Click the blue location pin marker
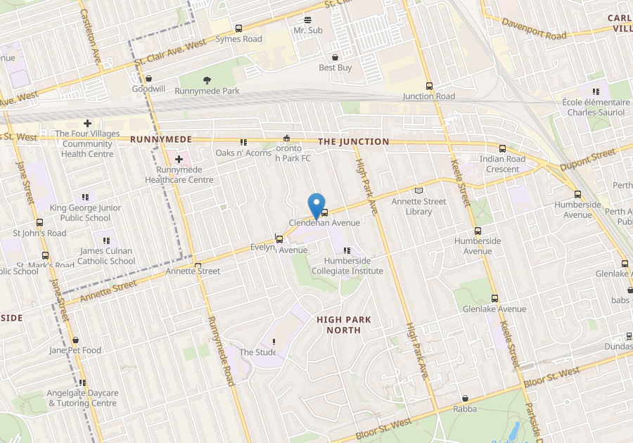click(316, 206)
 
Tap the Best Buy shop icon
click(335, 57)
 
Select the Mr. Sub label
click(307, 31)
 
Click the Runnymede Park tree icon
click(207, 80)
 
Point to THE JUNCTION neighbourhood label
click(353, 141)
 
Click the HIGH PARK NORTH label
click(344, 325)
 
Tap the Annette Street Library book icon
click(419, 190)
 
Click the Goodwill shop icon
click(148, 79)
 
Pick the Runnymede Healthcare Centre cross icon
click(179, 160)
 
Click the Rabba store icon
click(465, 398)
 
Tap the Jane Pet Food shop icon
click(75, 340)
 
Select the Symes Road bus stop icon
click(238, 29)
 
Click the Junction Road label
click(428, 96)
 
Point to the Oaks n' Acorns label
click(243, 153)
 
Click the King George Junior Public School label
click(85, 213)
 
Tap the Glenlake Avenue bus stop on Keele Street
click(494, 298)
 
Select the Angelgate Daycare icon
click(82, 383)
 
